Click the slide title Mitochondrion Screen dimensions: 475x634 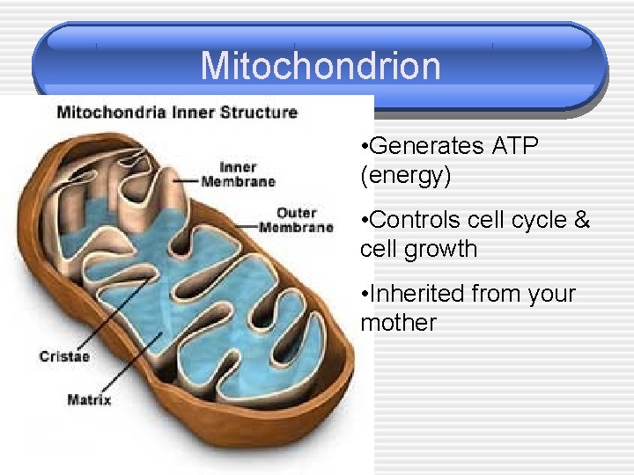(320, 65)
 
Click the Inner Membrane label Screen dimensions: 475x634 (238, 174)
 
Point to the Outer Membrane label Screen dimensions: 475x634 (296, 220)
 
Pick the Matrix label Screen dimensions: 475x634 (89, 400)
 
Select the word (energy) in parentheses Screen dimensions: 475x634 (406, 176)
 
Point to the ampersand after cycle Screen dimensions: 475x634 (581, 220)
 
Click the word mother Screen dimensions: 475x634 (398, 323)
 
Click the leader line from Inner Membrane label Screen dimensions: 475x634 (185, 179)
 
